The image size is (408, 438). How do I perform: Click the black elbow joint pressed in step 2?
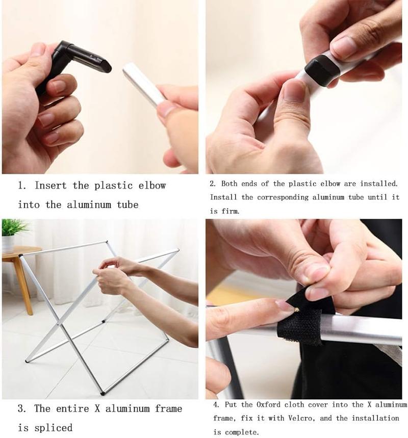click(322, 69)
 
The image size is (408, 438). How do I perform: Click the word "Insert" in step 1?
click(50, 186)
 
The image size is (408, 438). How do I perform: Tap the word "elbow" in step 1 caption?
click(152, 186)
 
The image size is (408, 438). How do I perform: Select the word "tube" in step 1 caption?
click(127, 205)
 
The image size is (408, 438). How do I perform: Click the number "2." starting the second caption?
click(213, 184)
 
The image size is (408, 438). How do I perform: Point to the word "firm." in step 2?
click(231, 211)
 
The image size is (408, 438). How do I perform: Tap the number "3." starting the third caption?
click(22, 408)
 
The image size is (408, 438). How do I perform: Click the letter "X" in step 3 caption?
click(97, 408)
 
